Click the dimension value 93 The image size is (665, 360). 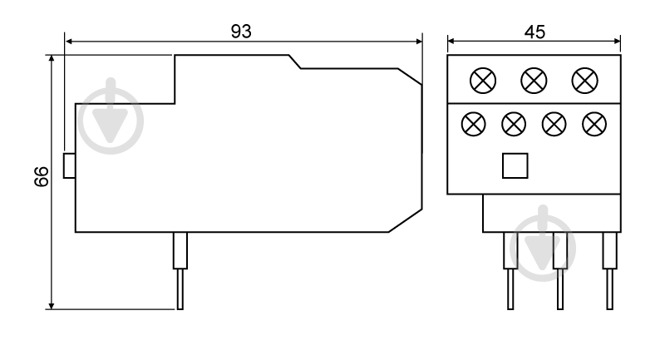[241, 32]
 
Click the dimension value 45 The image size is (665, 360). [534, 32]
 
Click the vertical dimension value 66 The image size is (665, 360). [42, 176]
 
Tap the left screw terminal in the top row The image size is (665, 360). [483, 81]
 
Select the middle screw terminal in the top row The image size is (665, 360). [534, 81]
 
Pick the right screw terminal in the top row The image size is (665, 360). [585, 81]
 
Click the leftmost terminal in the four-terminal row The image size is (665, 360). [473, 124]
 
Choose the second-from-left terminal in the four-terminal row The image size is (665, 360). [514, 124]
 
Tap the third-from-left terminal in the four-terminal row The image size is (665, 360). [554, 124]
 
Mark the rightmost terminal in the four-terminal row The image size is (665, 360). [594, 124]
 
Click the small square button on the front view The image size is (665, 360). [515, 165]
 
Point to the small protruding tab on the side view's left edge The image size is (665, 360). [70, 165]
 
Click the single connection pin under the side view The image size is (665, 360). [180, 270]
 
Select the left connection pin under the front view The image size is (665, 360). [510, 270]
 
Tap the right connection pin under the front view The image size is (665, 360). [610, 270]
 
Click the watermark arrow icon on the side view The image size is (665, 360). [111, 116]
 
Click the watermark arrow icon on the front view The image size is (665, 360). [543, 244]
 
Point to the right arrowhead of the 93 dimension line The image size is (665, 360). [419, 41]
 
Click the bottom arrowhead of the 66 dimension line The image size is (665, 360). [52, 306]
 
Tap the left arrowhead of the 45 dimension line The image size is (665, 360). [451, 41]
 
